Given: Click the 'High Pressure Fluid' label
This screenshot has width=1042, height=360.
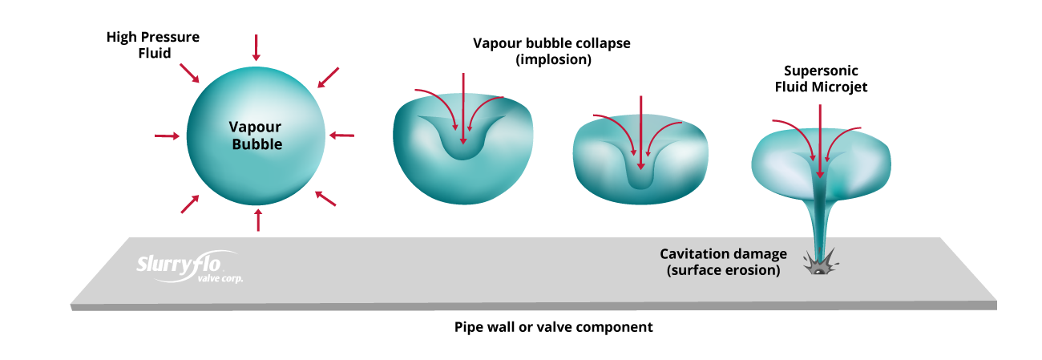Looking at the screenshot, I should [x=152, y=45].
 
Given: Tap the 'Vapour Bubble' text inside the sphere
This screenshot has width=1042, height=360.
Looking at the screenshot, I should [x=256, y=136].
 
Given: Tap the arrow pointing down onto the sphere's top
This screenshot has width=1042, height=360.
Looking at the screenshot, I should [x=256, y=47].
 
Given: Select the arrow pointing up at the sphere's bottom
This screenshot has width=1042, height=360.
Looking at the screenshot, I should [x=258, y=219].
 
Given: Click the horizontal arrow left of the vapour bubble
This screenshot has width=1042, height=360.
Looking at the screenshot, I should [x=167, y=136].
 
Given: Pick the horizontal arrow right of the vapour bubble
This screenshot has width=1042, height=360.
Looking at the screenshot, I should [x=342, y=135].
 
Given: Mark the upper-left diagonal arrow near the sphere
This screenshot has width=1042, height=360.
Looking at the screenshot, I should [x=190, y=73].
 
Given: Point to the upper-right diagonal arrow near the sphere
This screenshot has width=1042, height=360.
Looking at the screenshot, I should [x=328, y=77].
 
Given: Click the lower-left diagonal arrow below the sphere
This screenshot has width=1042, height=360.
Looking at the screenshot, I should [x=190, y=203].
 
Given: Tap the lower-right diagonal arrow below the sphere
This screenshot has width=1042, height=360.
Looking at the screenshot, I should [x=325, y=199].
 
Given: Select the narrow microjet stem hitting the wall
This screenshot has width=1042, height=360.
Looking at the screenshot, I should [x=819, y=220].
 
